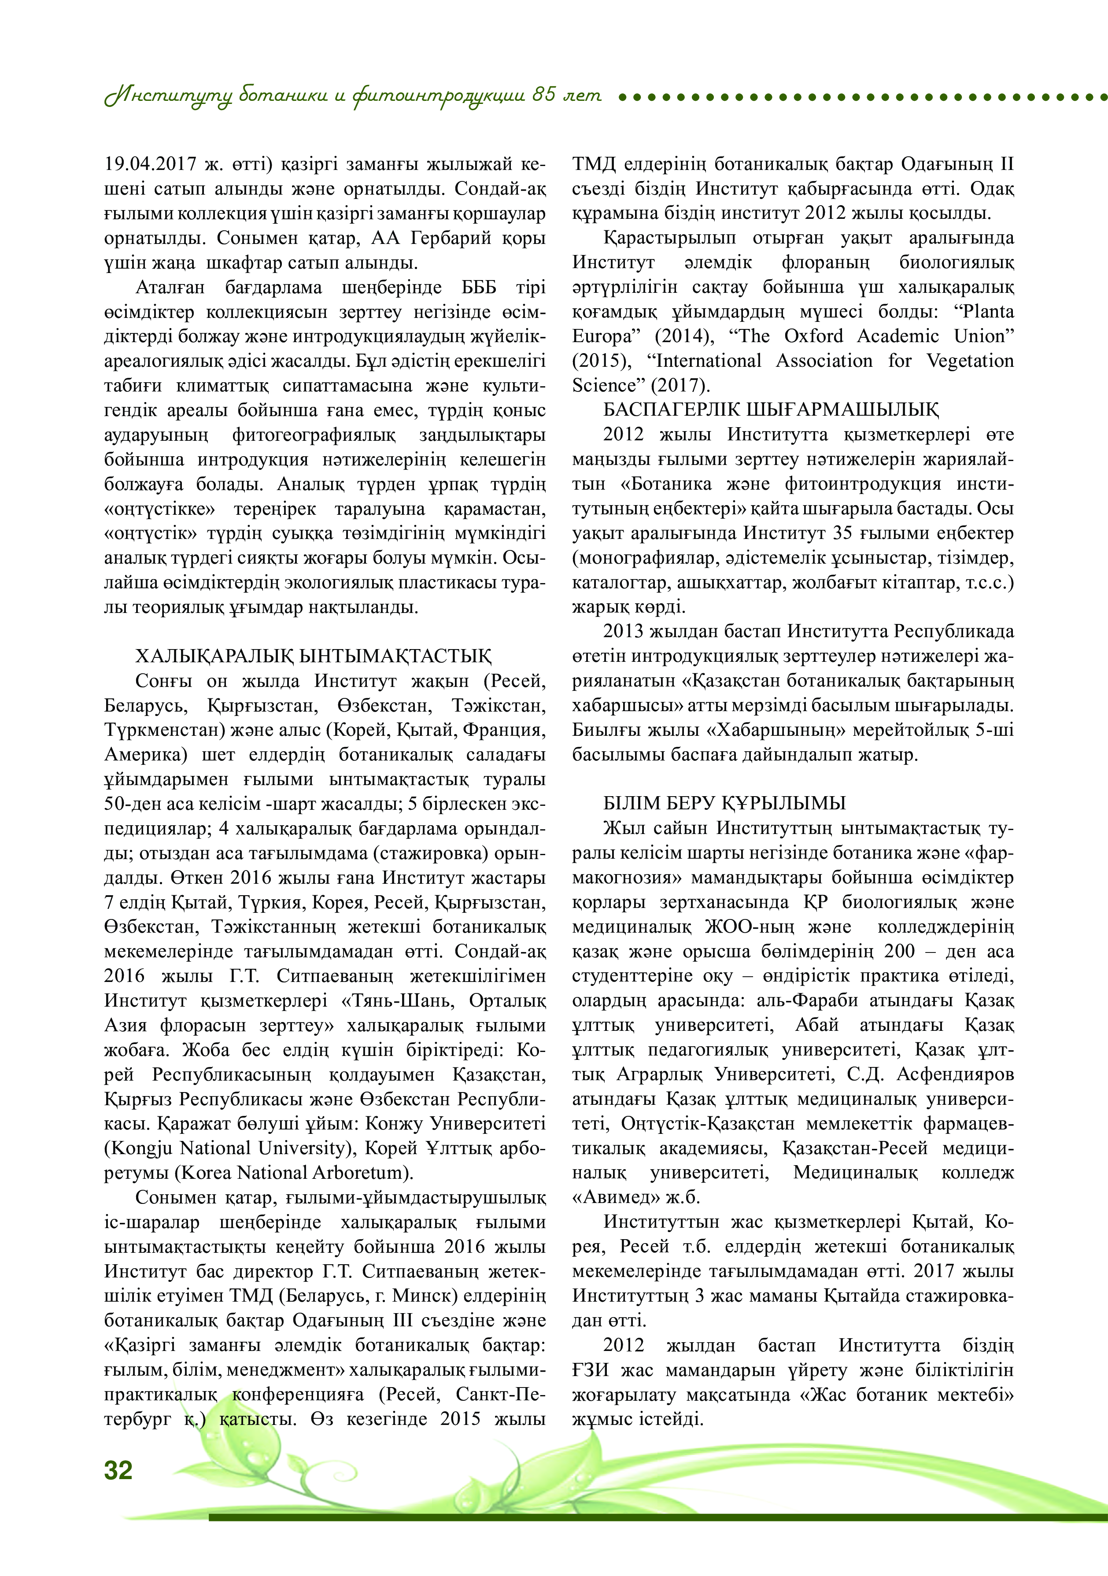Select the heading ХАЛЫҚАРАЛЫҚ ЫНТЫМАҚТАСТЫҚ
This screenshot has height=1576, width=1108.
[313, 656]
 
